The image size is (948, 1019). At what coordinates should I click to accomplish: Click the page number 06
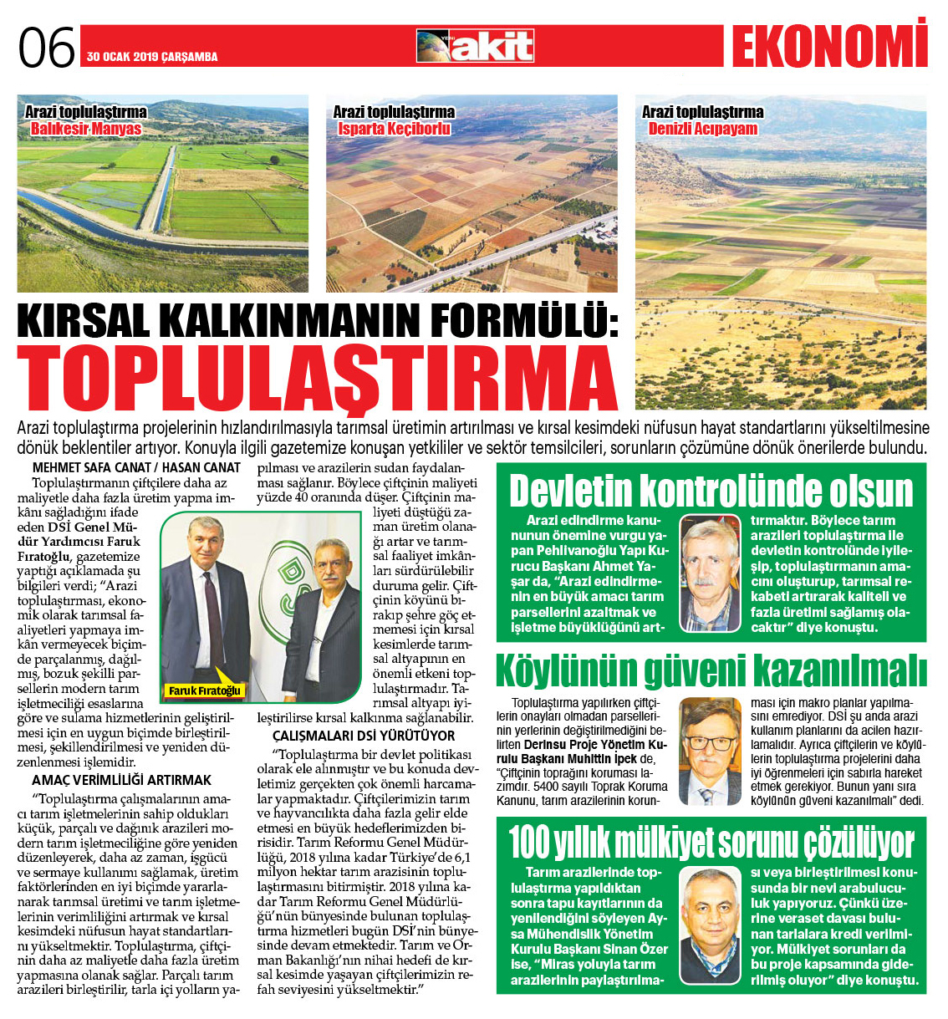47,48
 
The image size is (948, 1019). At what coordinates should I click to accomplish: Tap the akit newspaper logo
475,46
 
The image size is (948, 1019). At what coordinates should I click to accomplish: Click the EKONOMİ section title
829,45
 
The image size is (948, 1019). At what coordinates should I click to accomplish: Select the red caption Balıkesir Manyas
85,129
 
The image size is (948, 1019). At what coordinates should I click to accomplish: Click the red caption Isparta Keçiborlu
394,129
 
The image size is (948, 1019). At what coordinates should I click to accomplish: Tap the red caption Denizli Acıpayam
702,129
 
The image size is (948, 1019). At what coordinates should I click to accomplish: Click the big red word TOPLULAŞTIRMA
318,378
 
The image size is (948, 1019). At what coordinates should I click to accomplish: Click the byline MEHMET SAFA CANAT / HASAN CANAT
136,468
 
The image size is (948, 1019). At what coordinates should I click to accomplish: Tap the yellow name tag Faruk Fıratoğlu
204,690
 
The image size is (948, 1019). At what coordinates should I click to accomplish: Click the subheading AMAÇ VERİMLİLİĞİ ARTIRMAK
121,780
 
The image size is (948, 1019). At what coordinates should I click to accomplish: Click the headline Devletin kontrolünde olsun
711,491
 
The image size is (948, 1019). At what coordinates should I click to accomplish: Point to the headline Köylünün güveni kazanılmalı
711,671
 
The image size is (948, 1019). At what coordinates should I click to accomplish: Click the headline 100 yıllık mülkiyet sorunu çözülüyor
711,843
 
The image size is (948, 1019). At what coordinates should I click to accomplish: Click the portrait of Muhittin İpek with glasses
710,751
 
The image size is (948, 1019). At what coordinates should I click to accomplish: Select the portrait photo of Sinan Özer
709,924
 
